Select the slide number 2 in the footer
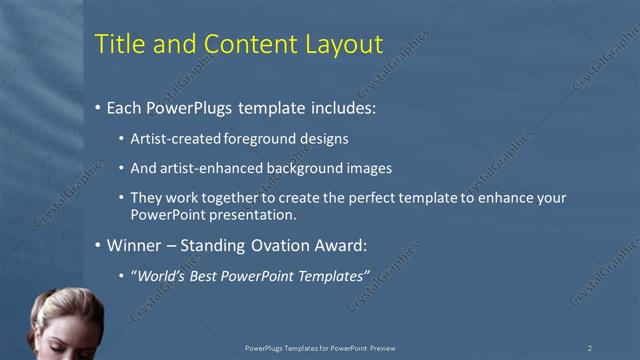point(590,348)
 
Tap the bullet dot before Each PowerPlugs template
point(97,108)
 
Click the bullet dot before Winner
point(97,245)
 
